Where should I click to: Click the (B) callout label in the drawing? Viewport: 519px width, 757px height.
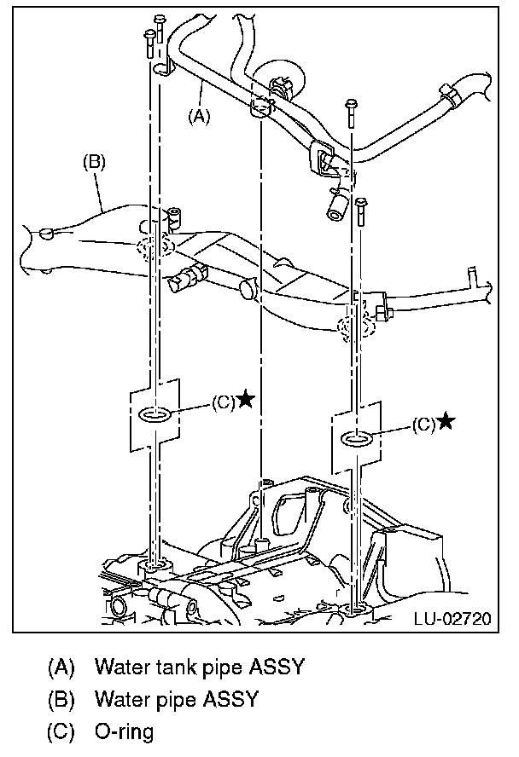click(x=93, y=161)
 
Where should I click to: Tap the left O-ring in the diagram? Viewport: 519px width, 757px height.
click(x=154, y=415)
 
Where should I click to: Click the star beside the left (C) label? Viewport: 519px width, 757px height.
click(x=245, y=398)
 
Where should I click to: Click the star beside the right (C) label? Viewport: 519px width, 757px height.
click(x=446, y=421)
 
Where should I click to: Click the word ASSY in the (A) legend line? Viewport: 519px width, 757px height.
click(x=275, y=666)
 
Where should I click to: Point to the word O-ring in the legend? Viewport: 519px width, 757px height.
click(x=125, y=731)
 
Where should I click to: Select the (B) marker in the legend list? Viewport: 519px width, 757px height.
click(x=62, y=699)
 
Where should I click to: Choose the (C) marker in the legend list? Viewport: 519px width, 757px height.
click(x=62, y=731)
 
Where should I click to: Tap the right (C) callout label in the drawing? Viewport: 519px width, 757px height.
click(x=423, y=424)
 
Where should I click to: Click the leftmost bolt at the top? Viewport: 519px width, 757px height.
click(x=149, y=38)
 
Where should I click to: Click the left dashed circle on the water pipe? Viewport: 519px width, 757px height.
click(x=153, y=246)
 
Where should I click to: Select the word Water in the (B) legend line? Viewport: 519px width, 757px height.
click(x=120, y=699)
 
